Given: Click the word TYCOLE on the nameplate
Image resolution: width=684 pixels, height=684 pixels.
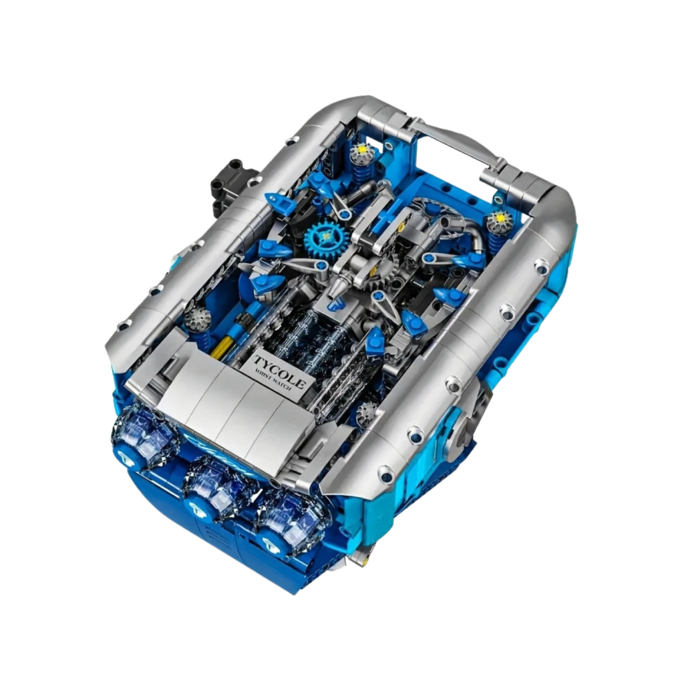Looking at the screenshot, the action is coord(279,371).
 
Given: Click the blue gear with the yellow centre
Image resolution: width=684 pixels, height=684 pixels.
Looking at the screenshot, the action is coord(326,238).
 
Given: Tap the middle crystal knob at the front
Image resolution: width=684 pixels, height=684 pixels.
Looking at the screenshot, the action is coord(214,484).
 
